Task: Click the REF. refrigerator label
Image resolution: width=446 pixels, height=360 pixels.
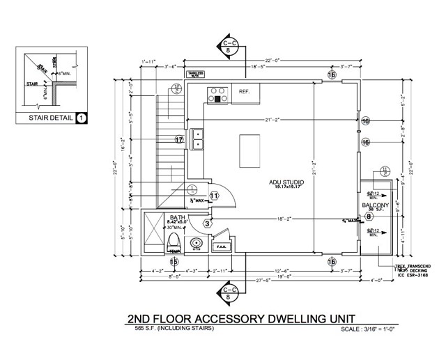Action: click(x=245, y=91)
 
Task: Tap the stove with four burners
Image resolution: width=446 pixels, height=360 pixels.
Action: click(x=217, y=94)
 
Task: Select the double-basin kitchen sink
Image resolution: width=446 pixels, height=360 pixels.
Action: click(x=198, y=139)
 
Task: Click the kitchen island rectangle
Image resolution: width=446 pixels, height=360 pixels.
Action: click(x=249, y=148)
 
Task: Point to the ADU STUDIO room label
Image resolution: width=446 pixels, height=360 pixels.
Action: click(x=289, y=182)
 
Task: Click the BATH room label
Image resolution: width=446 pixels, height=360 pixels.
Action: click(x=177, y=217)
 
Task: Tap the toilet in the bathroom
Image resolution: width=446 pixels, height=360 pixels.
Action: click(x=174, y=242)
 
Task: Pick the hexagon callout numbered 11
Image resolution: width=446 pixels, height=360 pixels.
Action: click(x=214, y=196)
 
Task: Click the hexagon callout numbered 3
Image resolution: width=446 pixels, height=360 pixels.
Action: click(x=207, y=224)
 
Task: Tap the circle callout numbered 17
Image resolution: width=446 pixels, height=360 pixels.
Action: click(x=179, y=140)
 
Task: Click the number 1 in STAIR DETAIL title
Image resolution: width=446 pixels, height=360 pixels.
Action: click(x=82, y=118)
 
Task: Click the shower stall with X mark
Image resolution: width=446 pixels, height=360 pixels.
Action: click(x=153, y=233)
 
